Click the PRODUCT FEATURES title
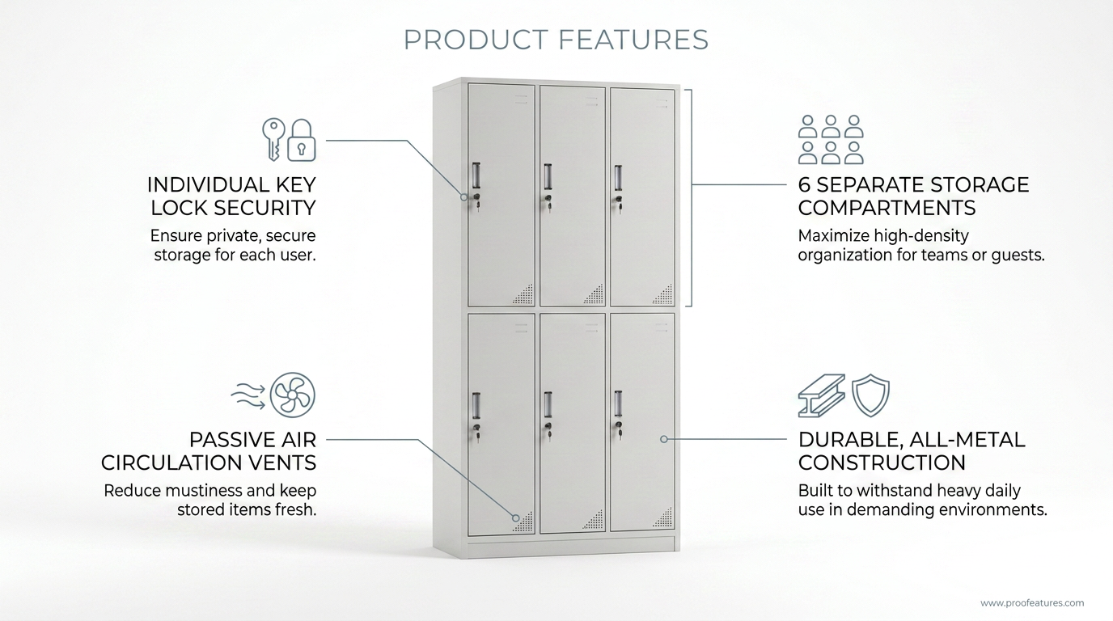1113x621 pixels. [x=556, y=40]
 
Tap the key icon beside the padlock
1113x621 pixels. [x=273, y=139]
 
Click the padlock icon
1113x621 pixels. [x=302, y=140]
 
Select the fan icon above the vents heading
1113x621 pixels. [x=292, y=395]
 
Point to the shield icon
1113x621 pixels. [x=870, y=395]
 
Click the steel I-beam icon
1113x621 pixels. [x=821, y=395]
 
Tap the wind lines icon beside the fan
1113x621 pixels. [x=248, y=396]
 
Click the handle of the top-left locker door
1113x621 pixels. [x=476, y=175]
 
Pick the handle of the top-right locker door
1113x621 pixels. [x=618, y=178]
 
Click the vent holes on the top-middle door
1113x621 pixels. [x=593, y=294]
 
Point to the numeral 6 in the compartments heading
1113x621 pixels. [x=805, y=185]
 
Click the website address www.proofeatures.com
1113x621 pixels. [x=1032, y=603]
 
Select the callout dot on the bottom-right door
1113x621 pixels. [x=664, y=439]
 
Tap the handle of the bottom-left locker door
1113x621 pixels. [x=476, y=406]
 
